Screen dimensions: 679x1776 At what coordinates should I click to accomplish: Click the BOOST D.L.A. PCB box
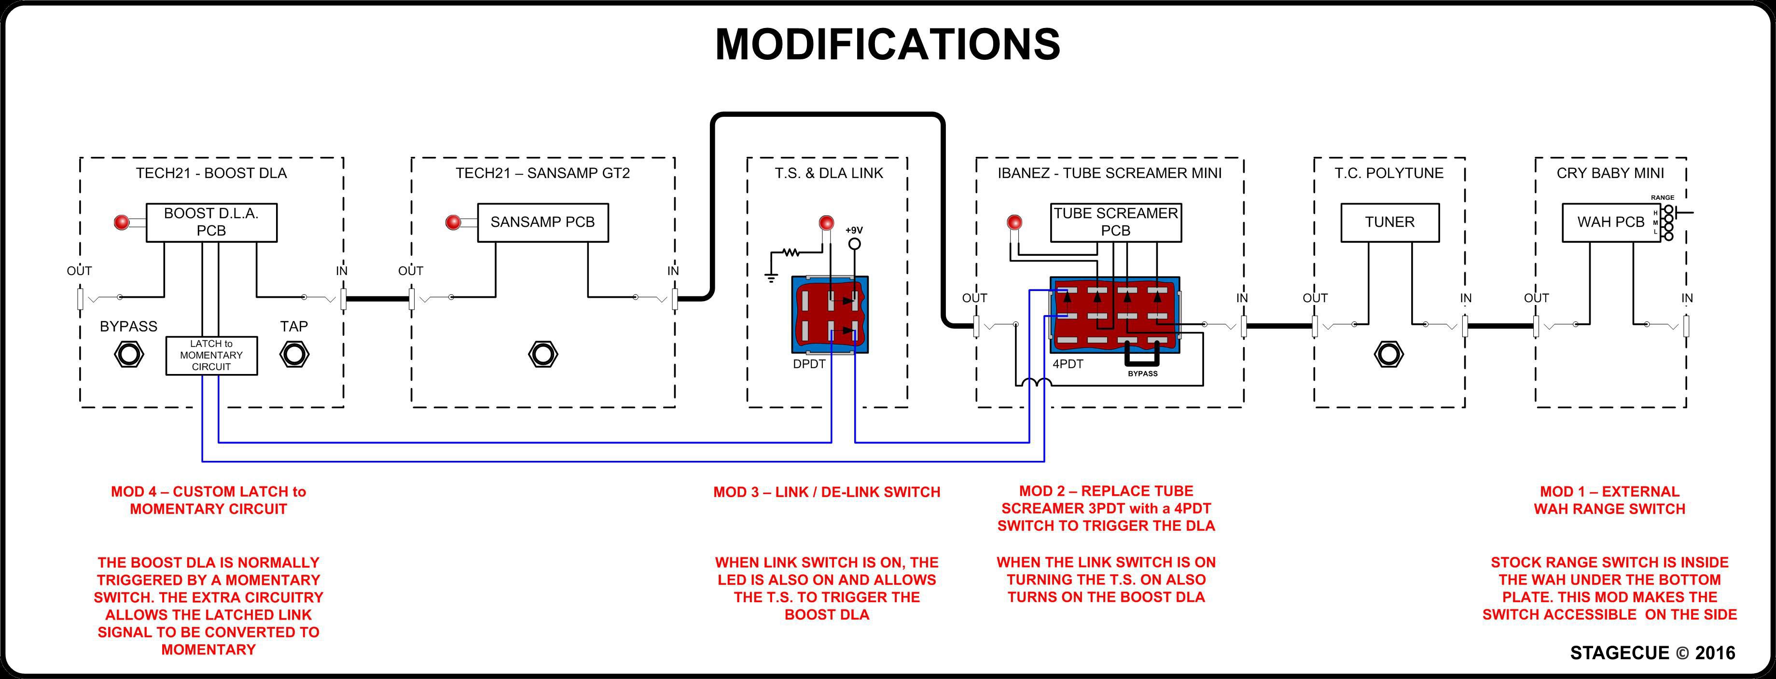[211, 222]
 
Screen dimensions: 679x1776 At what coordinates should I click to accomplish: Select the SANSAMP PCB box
[542, 222]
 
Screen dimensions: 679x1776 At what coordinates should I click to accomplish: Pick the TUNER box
[1389, 222]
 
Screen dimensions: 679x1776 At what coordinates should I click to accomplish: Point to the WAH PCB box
[1610, 222]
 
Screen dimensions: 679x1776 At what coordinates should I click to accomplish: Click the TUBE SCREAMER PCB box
[1115, 222]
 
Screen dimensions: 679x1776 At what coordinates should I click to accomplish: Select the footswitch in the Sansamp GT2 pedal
[542, 354]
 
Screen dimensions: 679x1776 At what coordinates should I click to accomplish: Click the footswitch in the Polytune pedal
[1388, 354]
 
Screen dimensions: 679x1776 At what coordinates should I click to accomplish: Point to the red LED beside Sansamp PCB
[453, 222]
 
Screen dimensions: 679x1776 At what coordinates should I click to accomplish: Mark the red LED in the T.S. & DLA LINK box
[825, 222]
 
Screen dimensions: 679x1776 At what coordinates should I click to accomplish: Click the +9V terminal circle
[854, 243]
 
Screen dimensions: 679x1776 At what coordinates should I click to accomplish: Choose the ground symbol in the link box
[771, 278]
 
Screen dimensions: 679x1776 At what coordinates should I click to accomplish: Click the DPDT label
[809, 364]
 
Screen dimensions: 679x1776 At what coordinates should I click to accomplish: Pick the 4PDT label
[1067, 364]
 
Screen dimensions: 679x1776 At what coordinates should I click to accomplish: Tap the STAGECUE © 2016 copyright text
[1652, 653]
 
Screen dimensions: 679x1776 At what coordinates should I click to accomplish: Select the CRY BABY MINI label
[1610, 173]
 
